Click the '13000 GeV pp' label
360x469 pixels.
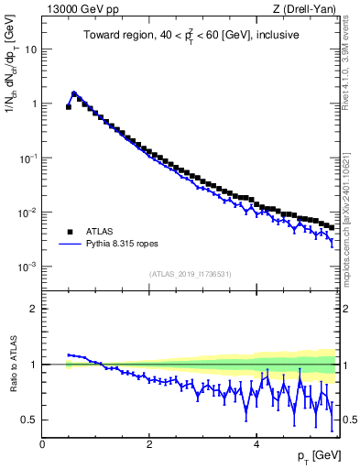80,10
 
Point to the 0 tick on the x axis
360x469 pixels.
42,443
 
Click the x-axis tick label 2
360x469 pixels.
149,443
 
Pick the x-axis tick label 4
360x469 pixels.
256,443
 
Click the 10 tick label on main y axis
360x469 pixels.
30,49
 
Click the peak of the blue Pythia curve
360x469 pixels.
74,93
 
